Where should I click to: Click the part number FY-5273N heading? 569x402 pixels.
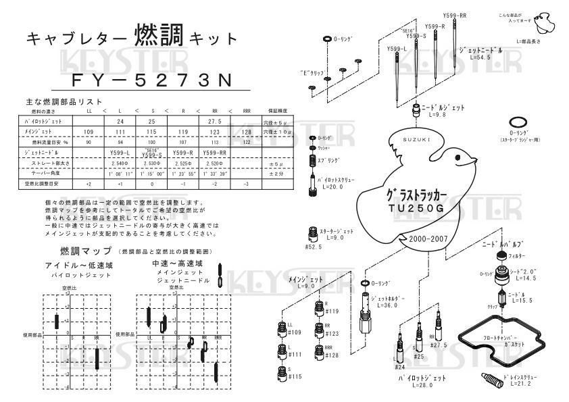[x=151, y=80]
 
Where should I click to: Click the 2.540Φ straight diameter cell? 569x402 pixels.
[x=120, y=163]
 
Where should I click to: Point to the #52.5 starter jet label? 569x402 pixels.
[x=313, y=247]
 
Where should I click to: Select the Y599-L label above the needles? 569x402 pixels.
[x=397, y=49]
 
